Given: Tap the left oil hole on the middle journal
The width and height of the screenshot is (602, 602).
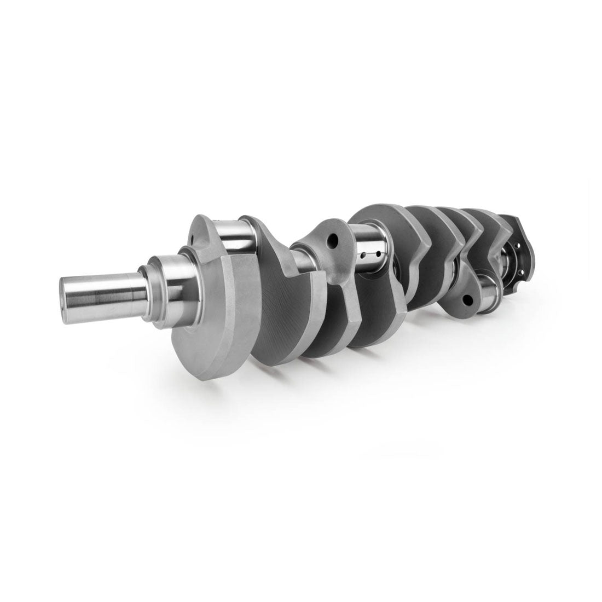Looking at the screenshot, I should coord(362,255).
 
